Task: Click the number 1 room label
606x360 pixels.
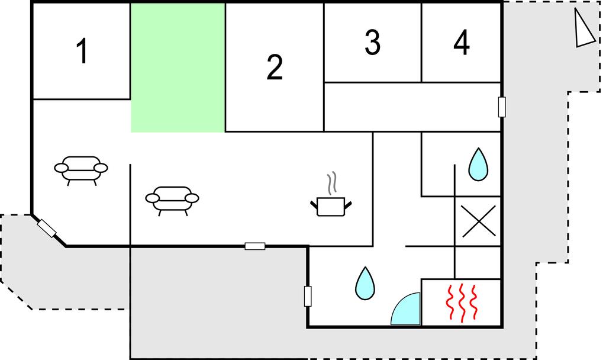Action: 82,51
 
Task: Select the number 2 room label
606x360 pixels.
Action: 275,67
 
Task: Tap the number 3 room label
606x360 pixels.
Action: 373,42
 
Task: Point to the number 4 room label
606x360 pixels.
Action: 462,42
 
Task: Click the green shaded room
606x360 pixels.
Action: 178,67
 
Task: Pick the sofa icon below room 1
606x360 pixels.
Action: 80,171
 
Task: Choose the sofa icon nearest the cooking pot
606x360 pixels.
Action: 172,201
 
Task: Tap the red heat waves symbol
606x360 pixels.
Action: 462,303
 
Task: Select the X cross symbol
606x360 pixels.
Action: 479,221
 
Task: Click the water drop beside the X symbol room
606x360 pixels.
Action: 478,165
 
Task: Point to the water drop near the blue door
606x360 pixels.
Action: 365,284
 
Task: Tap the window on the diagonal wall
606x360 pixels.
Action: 47,228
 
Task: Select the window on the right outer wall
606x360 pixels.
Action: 502,107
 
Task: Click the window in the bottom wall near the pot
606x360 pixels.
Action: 255,246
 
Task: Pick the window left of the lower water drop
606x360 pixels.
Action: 308,296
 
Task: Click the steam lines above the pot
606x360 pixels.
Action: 331,184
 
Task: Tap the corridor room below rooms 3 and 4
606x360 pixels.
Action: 412,107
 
